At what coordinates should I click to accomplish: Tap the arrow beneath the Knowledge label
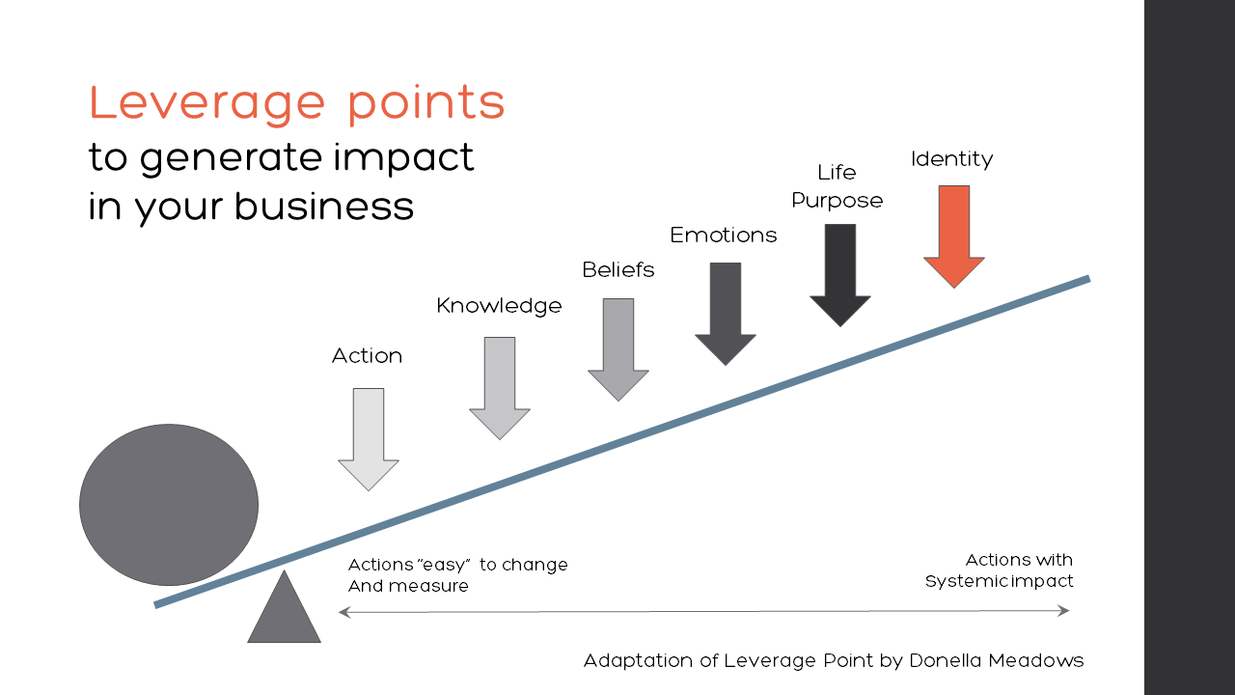[x=500, y=386]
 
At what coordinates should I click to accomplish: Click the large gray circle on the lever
[x=169, y=505]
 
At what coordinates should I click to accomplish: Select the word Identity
[x=951, y=159]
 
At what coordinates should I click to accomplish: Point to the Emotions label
[x=724, y=235]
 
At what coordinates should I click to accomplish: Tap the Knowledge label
[x=499, y=306]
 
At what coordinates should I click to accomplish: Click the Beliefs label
[x=618, y=270]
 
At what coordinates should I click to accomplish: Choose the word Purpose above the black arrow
[x=837, y=201]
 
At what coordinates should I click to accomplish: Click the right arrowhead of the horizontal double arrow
[x=1064, y=610]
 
